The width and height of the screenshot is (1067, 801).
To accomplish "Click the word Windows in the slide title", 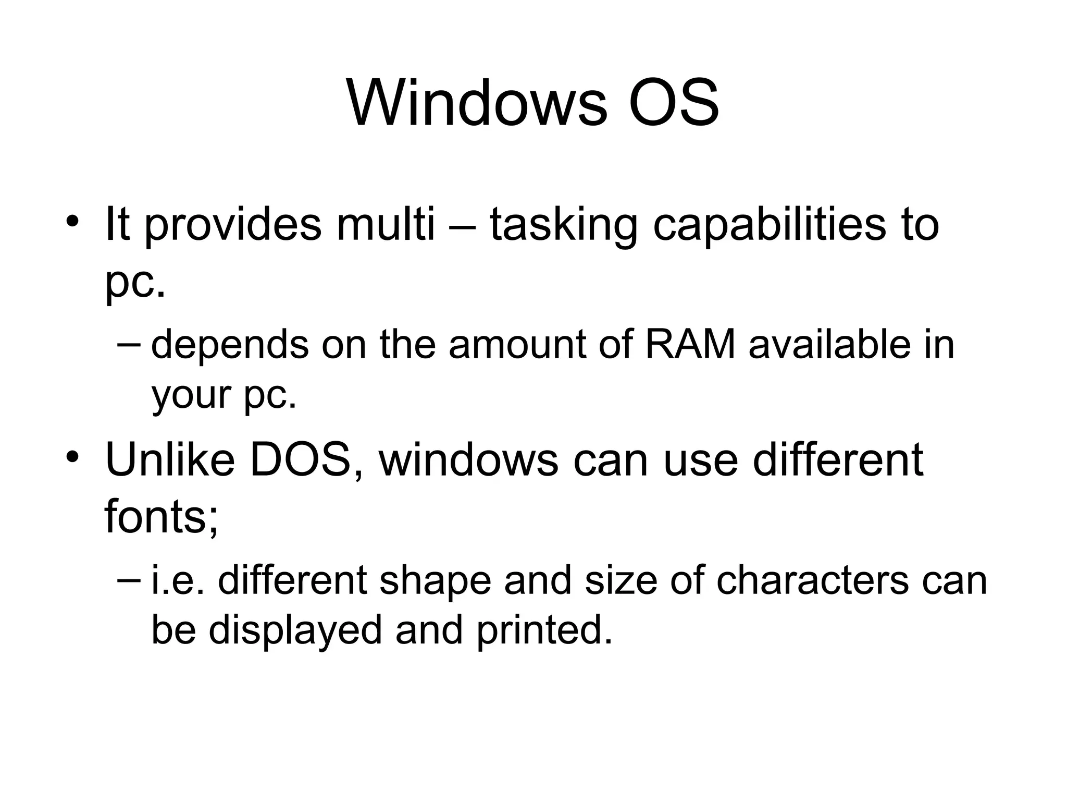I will (477, 103).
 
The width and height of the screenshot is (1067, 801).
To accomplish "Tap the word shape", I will (436, 582).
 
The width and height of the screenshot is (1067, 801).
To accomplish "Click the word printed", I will (543, 630).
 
